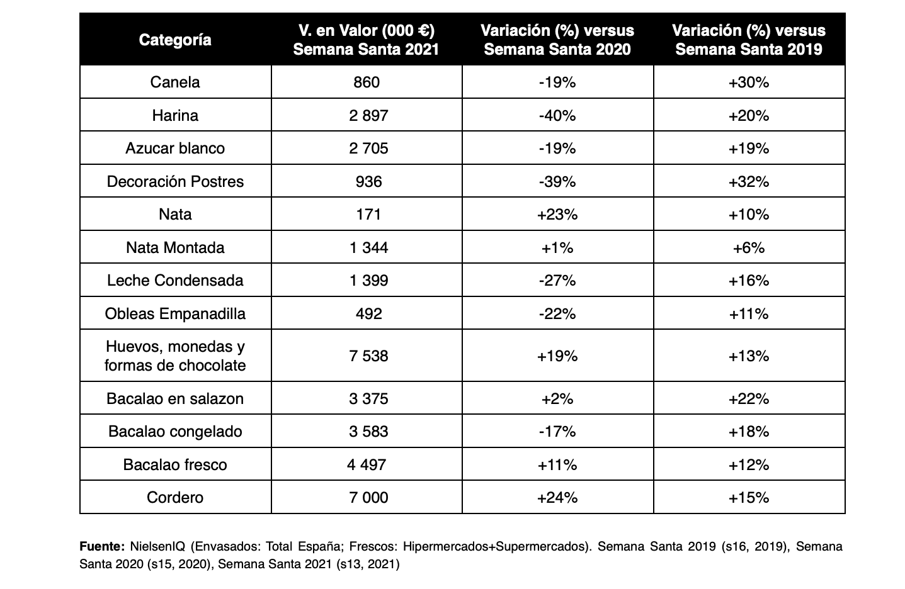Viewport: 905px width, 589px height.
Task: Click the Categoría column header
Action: [175, 40]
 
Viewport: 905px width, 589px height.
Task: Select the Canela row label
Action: [175, 82]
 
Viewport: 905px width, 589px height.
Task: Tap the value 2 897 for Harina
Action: [368, 116]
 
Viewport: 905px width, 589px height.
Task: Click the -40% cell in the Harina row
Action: [557, 116]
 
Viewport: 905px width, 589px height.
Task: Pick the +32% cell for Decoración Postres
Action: [749, 182]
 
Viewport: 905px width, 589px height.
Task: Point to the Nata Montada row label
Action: [175, 247]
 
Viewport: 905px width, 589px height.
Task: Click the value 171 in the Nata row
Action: [368, 215]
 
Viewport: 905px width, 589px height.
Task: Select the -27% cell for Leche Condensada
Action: [557, 280]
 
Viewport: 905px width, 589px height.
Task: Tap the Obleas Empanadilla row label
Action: [175, 313]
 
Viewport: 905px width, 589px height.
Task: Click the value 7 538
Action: [368, 356]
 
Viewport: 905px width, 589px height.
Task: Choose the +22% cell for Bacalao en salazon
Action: [749, 399]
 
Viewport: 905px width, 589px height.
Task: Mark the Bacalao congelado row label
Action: [175, 432]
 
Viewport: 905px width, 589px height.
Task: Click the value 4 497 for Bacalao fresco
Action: [367, 464]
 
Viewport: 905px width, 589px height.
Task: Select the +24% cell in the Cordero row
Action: [557, 497]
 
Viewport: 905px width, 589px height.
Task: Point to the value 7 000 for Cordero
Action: [368, 497]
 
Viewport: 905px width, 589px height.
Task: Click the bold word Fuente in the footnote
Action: [102, 546]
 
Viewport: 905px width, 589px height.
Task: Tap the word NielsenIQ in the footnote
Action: [157, 546]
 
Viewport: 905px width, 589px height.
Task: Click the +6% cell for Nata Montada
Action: [749, 247]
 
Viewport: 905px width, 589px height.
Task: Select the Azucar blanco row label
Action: [175, 149]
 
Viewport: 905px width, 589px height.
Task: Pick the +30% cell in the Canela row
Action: [749, 82]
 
